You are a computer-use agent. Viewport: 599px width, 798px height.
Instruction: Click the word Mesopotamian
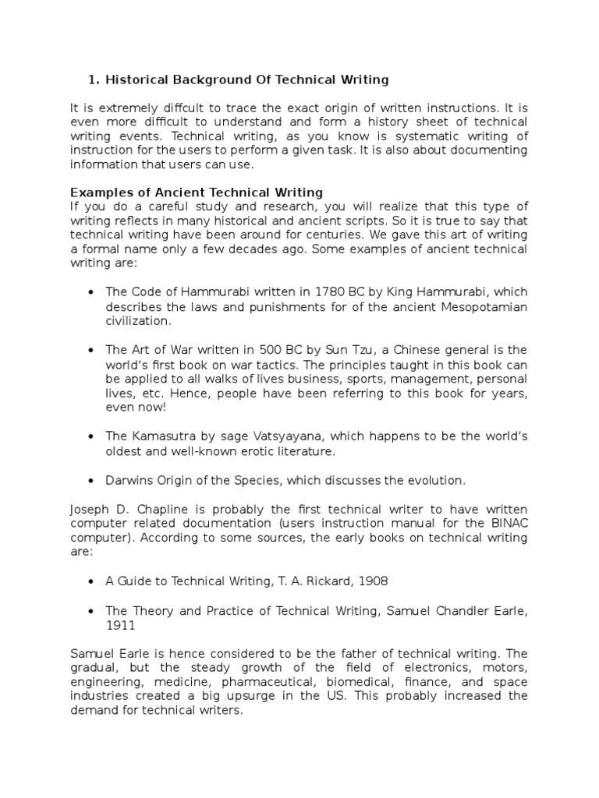tap(485, 306)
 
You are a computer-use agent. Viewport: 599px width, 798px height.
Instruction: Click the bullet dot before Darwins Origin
tap(90, 480)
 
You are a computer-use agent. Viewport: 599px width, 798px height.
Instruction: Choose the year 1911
tap(120, 625)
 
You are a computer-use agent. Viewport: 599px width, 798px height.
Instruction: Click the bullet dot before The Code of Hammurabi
tap(90, 292)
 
